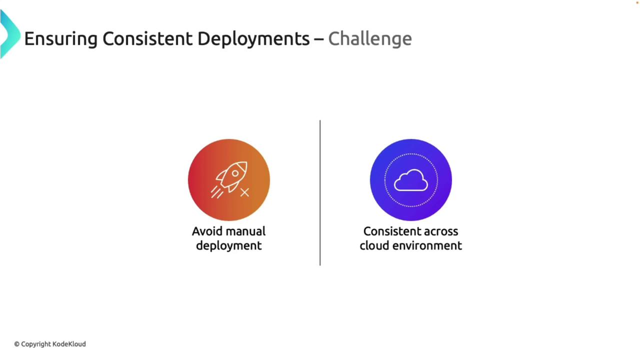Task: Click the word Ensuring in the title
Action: click(x=61, y=39)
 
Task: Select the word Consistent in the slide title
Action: click(x=147, y=38)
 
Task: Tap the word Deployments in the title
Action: click(x=253, y=39)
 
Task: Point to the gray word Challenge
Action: click(x=370, y=39)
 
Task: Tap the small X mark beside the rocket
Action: click(x=244, y=192)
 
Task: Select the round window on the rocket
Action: click(x=235, y=173)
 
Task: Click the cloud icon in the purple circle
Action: click(x=411, y=180)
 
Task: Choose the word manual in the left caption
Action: click(x=245, y=231)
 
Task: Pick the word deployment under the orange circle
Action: click(x=228, y=246)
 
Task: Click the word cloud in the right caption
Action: click(x=374, y=245)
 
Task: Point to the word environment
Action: click(x=427, y=245)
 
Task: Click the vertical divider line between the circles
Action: click(x=320, y=193)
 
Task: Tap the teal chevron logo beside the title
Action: click(x=10, y=34)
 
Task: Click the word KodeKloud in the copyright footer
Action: click(x=69, y=344)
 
